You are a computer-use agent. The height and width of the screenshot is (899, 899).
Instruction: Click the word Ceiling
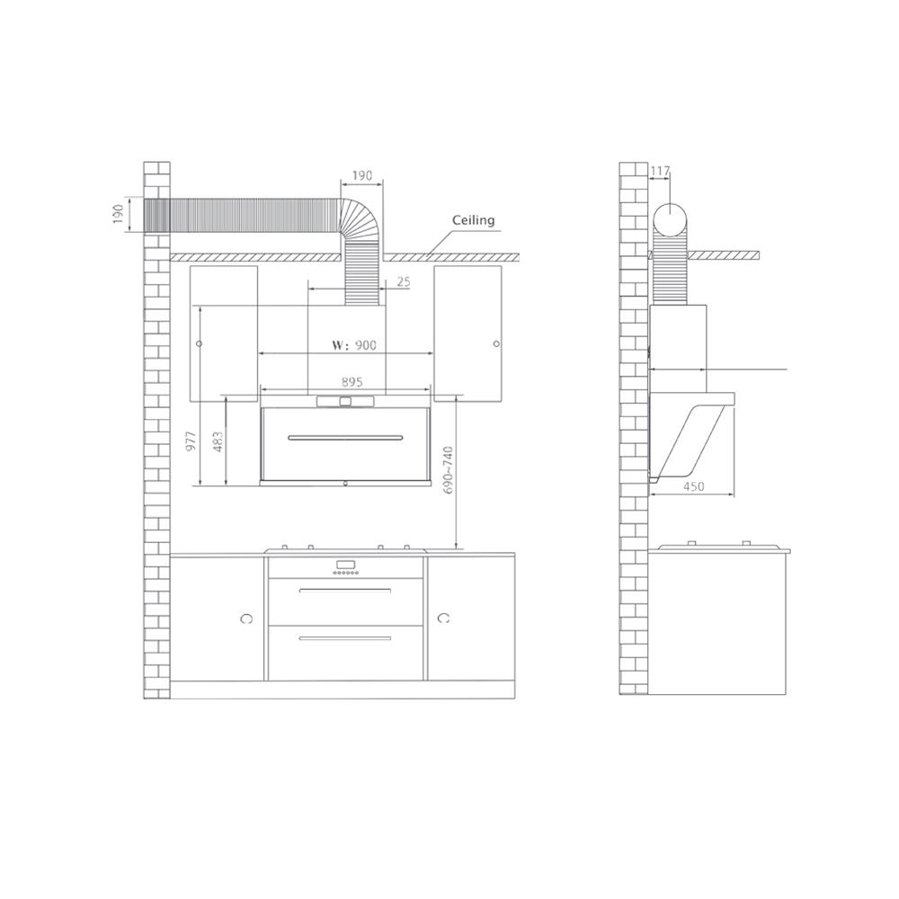click(x=473, y=220)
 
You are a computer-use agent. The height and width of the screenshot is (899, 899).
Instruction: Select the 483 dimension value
click(x=218, y=442)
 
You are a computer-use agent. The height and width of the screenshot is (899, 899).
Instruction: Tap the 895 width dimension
click(x=352, y=382)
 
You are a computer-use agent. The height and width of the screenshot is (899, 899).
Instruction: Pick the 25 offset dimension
click(x=403, y=282)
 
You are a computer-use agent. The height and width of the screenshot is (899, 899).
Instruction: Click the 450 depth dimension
click(x=693, y=486)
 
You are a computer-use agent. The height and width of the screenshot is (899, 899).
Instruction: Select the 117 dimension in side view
click(x=659, y=170)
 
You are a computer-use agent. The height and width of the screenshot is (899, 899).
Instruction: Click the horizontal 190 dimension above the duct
click(x=361, y=175)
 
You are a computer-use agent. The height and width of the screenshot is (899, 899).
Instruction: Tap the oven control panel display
click(x=346, y=566)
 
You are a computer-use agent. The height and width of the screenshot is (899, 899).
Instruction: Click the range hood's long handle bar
click(x=345, y=438)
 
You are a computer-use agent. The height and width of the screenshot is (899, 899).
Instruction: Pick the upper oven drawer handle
click(x=345, y=591)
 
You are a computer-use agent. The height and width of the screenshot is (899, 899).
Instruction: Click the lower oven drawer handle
click(x=345, y=637)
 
